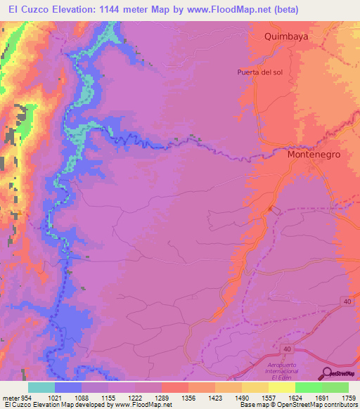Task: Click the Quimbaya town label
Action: point(286,35)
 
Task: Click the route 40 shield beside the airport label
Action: point(288,349)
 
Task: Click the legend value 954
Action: point(26,398)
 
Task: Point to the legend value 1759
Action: point(347,398)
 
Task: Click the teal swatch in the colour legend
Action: point(41,387)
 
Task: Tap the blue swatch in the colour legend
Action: point(68,387)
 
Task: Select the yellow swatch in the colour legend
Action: point(255,387)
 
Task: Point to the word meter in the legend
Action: point(11,398)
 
